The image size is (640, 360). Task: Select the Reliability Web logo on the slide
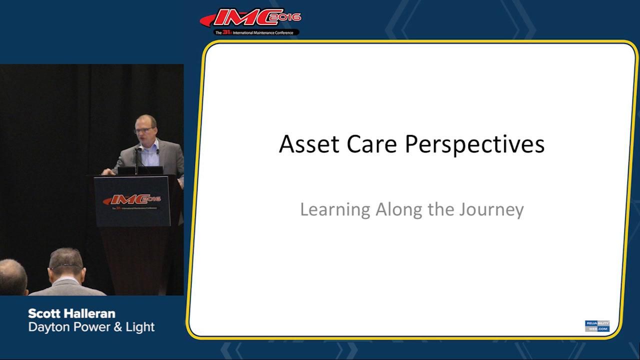click(x=597, y=326)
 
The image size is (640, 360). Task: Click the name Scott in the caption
click(x=44, y=313)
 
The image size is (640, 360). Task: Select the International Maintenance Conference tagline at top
click(x=256, y=32)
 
